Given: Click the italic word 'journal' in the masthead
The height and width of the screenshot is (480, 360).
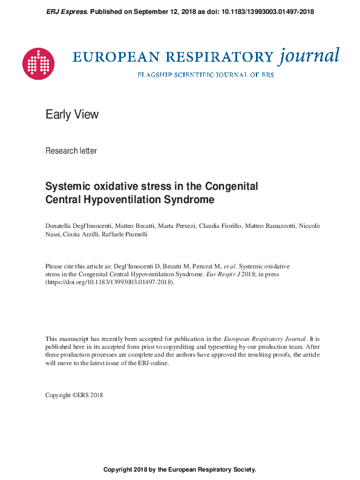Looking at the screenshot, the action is pos(309,57).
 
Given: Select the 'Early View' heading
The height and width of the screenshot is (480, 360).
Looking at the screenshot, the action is pos(72,114).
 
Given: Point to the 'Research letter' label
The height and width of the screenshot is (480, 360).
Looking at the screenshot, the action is pos(71,151).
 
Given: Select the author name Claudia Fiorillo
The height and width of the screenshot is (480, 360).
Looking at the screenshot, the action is pos(220,225).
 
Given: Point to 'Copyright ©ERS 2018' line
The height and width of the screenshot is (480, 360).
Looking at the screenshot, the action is pos(74,395).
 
